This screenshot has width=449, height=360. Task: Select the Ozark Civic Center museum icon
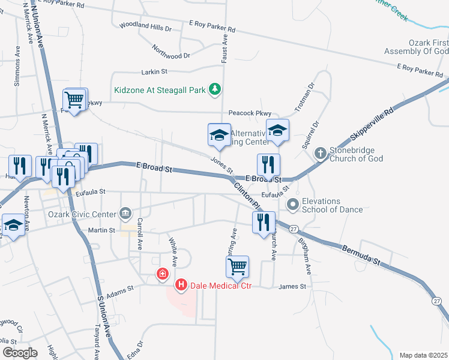(x=125, y=212)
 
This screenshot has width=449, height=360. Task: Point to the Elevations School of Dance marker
(x=293, y=205)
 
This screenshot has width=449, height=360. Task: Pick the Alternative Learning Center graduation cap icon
(x=219, y=136)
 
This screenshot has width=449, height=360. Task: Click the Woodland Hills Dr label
(x=145, y=27)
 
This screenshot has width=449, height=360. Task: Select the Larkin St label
(x=154, y=72)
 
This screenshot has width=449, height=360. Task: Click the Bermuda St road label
(x=362, y=255)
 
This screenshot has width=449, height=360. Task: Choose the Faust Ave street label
(x=225, y=49)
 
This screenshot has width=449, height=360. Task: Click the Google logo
(x=20, y=352)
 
